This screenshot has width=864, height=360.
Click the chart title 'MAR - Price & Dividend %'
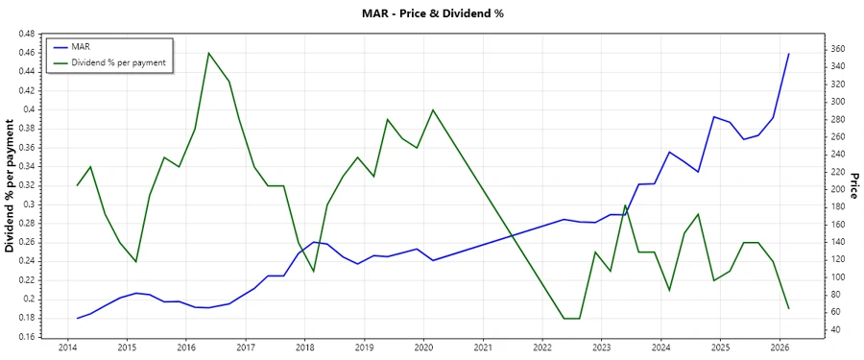[431, 13]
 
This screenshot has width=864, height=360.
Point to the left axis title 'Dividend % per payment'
[11, 184]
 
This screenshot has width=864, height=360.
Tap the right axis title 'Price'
[853, 185]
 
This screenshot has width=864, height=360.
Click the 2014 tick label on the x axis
[67, 347]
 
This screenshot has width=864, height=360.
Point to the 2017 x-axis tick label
[246, 347]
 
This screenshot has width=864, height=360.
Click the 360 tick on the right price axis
[837, 49]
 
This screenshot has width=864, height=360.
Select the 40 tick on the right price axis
[834, 329]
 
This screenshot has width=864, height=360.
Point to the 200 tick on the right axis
[837, 189]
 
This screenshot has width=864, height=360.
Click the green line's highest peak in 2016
[209, 53]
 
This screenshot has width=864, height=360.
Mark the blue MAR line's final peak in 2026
[789, 54]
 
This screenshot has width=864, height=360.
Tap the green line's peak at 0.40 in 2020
[432, 109]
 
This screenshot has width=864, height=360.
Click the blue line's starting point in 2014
[77, 318]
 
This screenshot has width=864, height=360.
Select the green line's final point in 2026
[789, 308]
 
